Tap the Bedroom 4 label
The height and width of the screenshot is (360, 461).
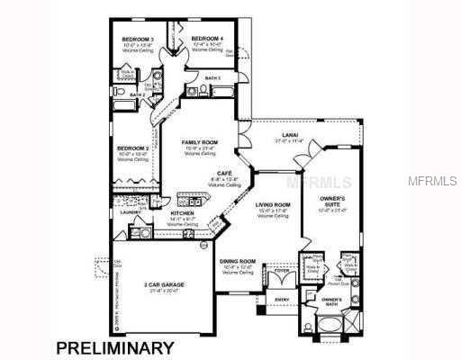coord(207,38)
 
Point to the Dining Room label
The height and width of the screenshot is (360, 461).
coord(238,261)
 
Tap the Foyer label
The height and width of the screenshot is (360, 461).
coord(282,269)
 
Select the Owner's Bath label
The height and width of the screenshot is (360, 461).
coord(331,300)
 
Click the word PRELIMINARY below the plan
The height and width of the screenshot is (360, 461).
coord(115,346)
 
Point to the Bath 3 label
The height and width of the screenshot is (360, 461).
coord(213,79)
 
